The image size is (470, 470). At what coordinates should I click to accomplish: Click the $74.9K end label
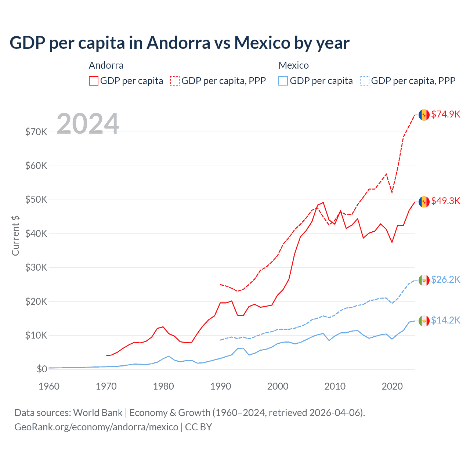point(445,114)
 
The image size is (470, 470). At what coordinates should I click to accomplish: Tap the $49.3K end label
point(445,201)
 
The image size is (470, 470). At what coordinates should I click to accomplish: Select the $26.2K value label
point(445,279)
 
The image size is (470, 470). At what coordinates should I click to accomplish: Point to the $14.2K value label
point(445,320)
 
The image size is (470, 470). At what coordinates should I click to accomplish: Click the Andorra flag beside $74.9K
point(424,115)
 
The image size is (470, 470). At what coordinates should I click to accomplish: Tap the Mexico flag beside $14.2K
point(424,321)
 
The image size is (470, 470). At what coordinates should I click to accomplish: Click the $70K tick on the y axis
point(36,132)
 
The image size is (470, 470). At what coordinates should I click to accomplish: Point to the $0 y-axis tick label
point(42,369)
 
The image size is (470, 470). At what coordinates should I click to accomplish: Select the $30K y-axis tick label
point(36,267)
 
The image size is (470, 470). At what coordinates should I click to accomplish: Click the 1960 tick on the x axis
point(49,386)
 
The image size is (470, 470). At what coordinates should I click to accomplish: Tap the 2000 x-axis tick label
point(278,386)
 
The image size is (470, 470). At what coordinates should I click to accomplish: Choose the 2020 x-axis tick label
point(392,386)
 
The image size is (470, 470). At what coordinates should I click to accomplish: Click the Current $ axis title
point(15,236)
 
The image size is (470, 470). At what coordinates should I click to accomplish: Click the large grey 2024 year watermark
point(88,124)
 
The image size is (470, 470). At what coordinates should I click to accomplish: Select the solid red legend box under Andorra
point(94,81)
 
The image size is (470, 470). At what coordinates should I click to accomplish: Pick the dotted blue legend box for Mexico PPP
point(365,81)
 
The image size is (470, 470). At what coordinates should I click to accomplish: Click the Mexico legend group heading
point(293,65)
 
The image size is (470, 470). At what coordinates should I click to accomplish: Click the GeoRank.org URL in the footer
point(96,427)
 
